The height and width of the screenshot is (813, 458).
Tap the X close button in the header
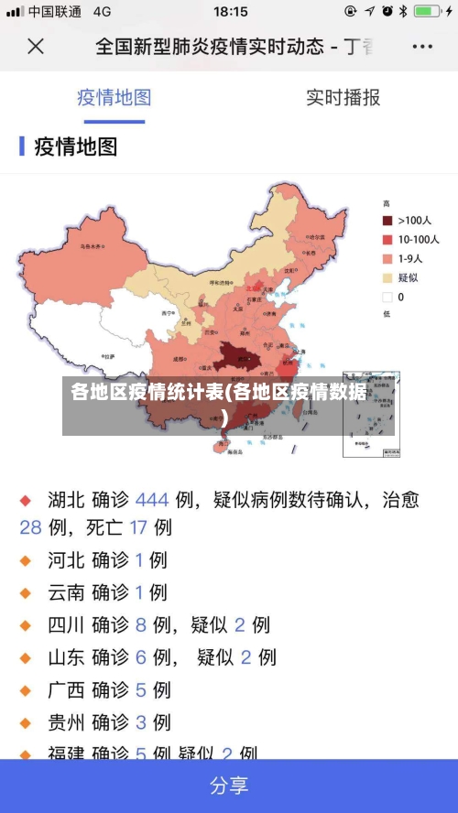pos(36,46)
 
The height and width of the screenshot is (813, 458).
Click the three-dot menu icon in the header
pos(422,46)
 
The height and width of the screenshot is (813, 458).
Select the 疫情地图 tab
pos(114,98)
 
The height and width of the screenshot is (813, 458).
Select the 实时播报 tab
pos(343,98)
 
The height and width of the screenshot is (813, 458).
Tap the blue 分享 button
pos(229,786)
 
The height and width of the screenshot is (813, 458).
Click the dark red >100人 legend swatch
pos(387,221)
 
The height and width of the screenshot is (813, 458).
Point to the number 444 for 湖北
pos(152,500)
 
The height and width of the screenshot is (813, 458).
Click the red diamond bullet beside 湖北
pos(26,501)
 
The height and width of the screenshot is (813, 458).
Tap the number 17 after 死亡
pos(138,527)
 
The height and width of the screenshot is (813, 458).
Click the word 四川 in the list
pos(66,625)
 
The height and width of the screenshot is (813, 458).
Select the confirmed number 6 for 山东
pos(140,657)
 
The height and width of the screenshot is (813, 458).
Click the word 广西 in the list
pos(66,689)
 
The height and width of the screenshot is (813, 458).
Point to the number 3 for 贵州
pos(140,722)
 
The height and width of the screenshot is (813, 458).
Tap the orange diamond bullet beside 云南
pos(26,593)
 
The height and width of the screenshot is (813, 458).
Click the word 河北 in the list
pos(66,560)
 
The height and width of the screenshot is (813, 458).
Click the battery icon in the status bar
pos(428,12)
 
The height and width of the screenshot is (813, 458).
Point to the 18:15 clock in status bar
pos(230,12)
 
